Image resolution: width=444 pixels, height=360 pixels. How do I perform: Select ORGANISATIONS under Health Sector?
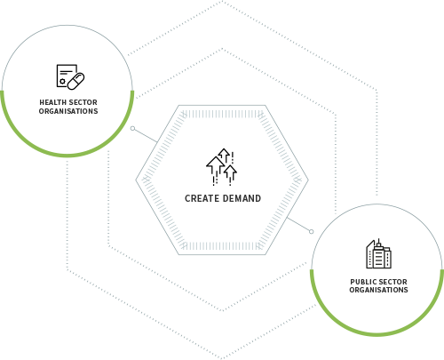68,111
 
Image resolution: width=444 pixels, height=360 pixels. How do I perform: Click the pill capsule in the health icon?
76,81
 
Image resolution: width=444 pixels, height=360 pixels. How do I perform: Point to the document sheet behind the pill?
65,76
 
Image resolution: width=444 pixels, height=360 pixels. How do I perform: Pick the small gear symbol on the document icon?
62,81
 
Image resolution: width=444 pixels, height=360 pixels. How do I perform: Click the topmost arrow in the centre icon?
224,155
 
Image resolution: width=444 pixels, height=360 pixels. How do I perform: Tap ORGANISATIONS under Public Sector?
378,290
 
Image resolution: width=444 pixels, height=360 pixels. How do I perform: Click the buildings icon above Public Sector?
379,253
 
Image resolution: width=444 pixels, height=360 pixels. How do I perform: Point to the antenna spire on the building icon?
379,241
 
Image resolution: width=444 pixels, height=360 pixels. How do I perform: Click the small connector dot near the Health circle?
132,128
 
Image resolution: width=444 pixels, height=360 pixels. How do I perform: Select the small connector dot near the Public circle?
311,231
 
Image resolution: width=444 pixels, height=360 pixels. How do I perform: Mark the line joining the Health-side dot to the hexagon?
146,135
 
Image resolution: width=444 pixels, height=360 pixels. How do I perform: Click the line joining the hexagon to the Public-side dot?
298,225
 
